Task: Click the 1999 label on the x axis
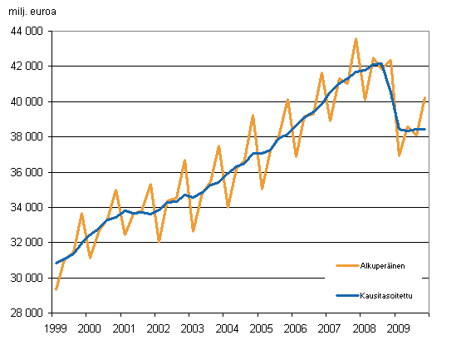coord(54,328)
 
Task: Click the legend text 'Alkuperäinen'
coord(383,266)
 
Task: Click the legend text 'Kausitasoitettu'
coord(386,294)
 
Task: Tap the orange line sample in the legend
coord(346,266)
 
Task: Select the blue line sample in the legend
coord(346,294)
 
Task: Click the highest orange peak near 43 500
coord(356,39)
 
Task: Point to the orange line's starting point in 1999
coord(55,289)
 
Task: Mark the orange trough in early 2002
coord(159,241)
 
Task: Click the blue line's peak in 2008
coord(379,63)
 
